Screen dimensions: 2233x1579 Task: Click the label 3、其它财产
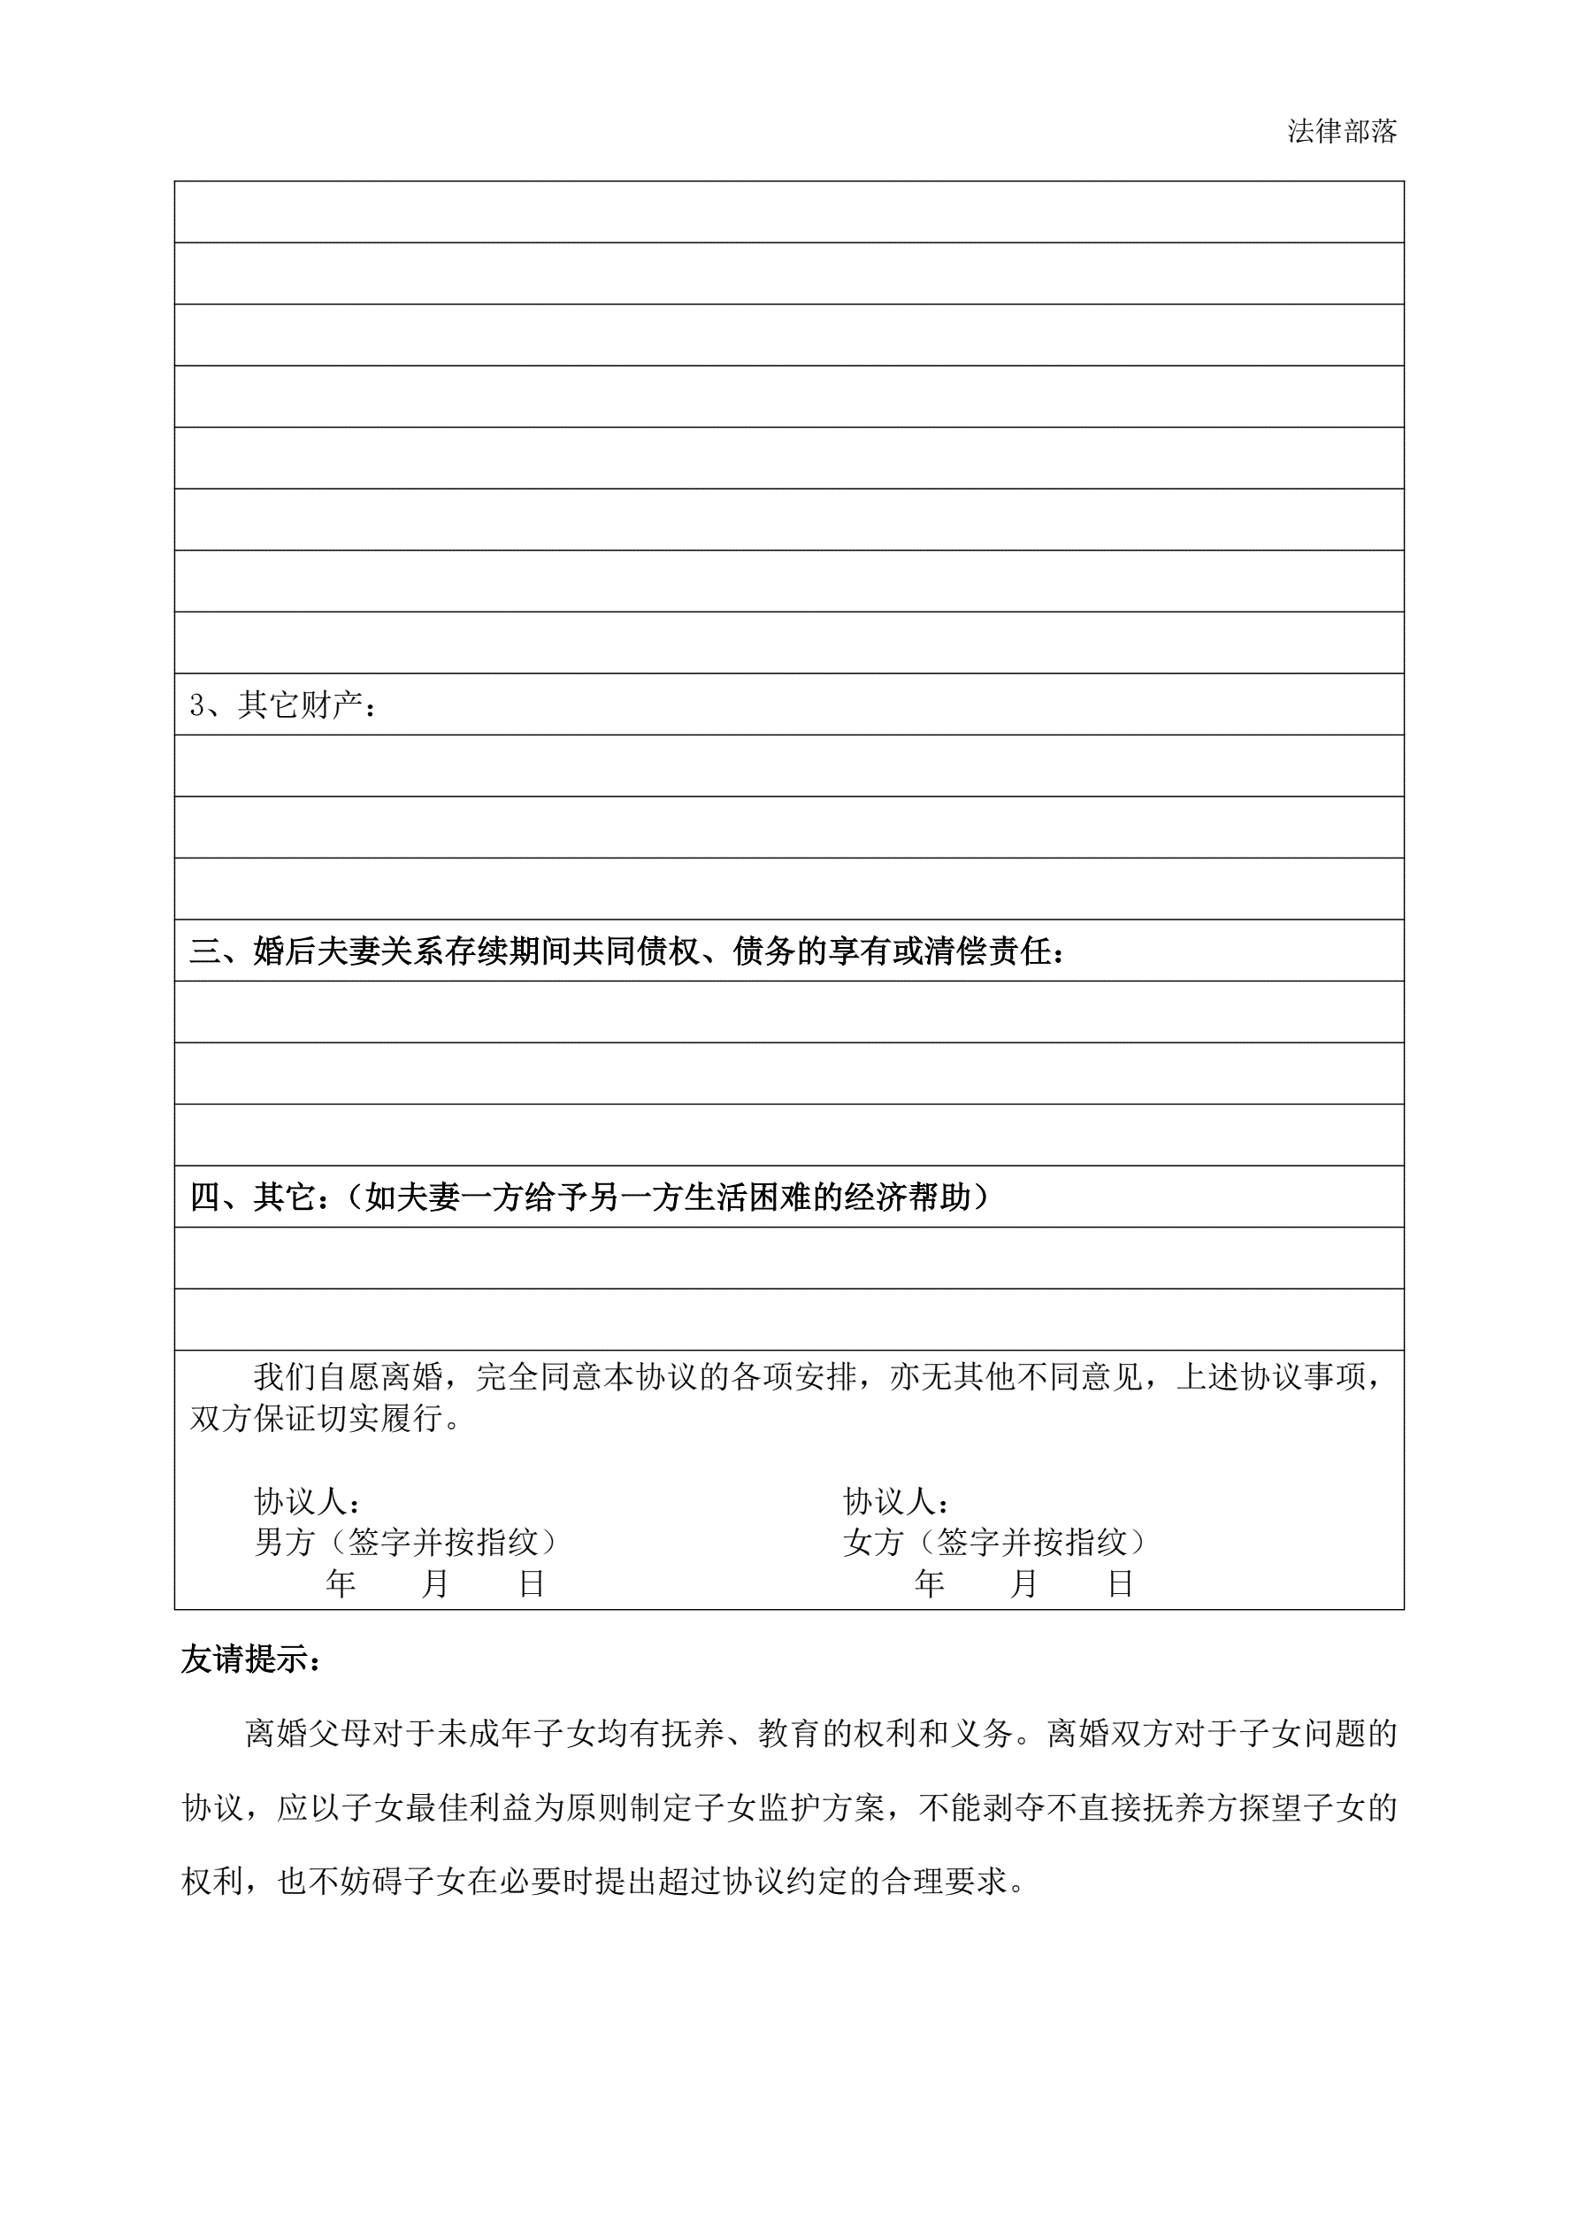click(x=281, y=705)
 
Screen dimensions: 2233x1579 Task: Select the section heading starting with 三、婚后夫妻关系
click(x=626, y=951)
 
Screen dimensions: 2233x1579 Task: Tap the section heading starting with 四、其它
click(x=589, y=1197)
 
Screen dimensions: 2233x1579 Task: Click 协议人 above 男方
click(x=306, y=1501)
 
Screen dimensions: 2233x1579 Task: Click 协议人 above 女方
click(x=894, y=1501)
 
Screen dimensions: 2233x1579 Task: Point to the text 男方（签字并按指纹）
click(x=406, y=1542)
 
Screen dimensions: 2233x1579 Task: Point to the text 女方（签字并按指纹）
click(x=994, y=1542)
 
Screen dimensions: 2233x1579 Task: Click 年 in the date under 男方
click(x=341, y=1583)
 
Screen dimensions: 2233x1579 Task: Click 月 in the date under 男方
click(x=434, y=1583)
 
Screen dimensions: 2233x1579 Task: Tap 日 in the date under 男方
click(x=531, y=1583)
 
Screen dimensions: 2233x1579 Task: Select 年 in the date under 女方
click(x=930, y=1583)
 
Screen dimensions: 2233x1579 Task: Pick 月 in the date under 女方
click(x=1023, y=1583)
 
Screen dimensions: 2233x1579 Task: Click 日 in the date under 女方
click(x=1120, y=1583)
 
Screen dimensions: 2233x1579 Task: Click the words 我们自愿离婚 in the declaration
click(x=348, y=1377)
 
